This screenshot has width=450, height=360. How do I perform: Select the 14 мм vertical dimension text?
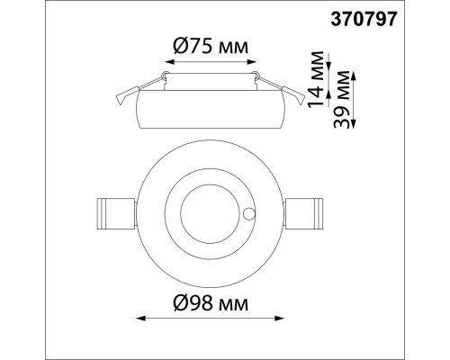(x=315, y=77)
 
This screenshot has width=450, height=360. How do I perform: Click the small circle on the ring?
(x=249, y=214)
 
